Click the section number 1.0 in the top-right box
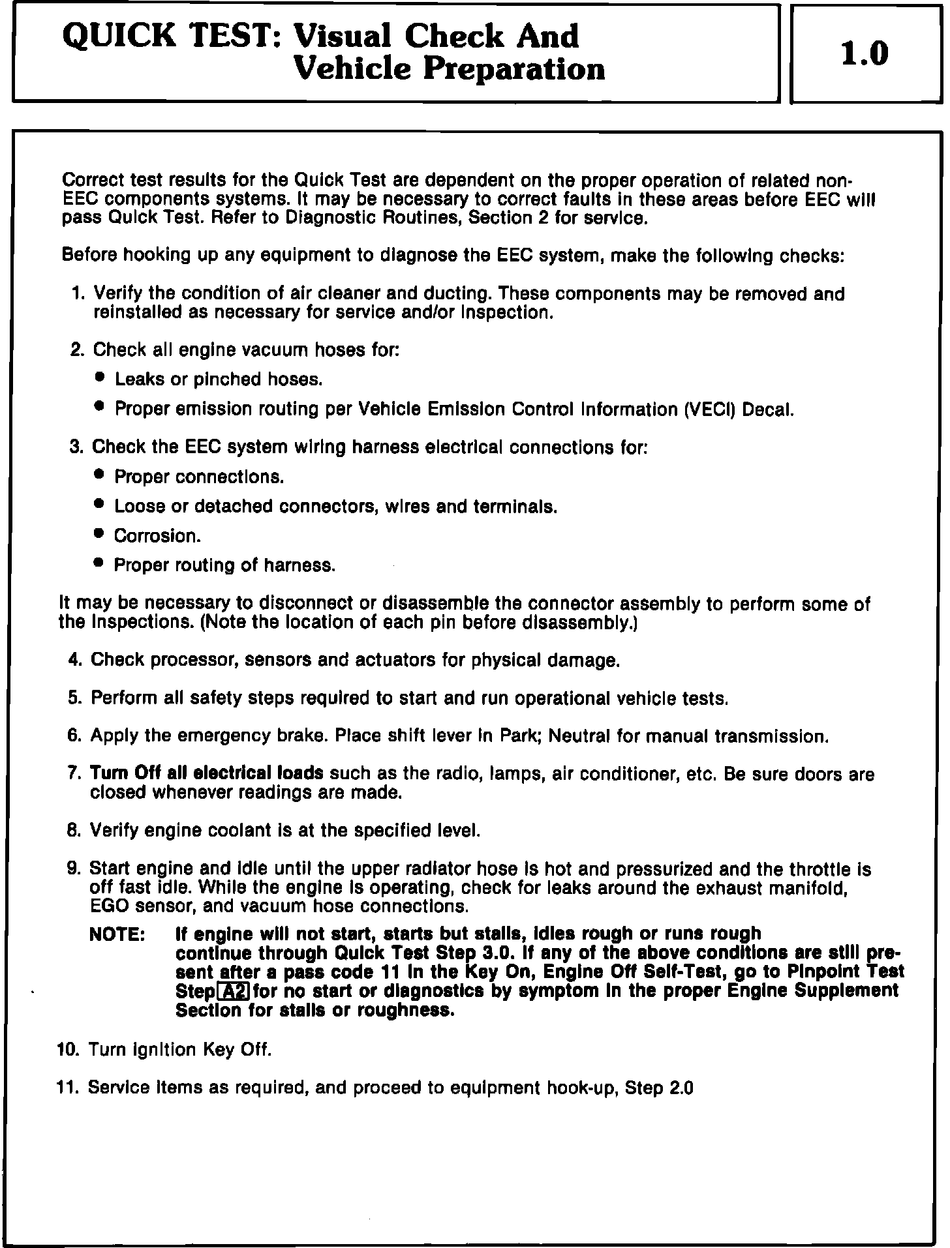tap(865, 54)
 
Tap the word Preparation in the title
tap(515, 69)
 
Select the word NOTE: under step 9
tap(117, 934)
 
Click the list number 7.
tap(73, 774)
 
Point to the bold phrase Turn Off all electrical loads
tap(207, 773)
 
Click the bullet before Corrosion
tap(99, 534)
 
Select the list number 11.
tap(69, 1087)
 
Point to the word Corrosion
tap(157, 536)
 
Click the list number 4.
tap(74, 660)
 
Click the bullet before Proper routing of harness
tap(99, 563)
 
